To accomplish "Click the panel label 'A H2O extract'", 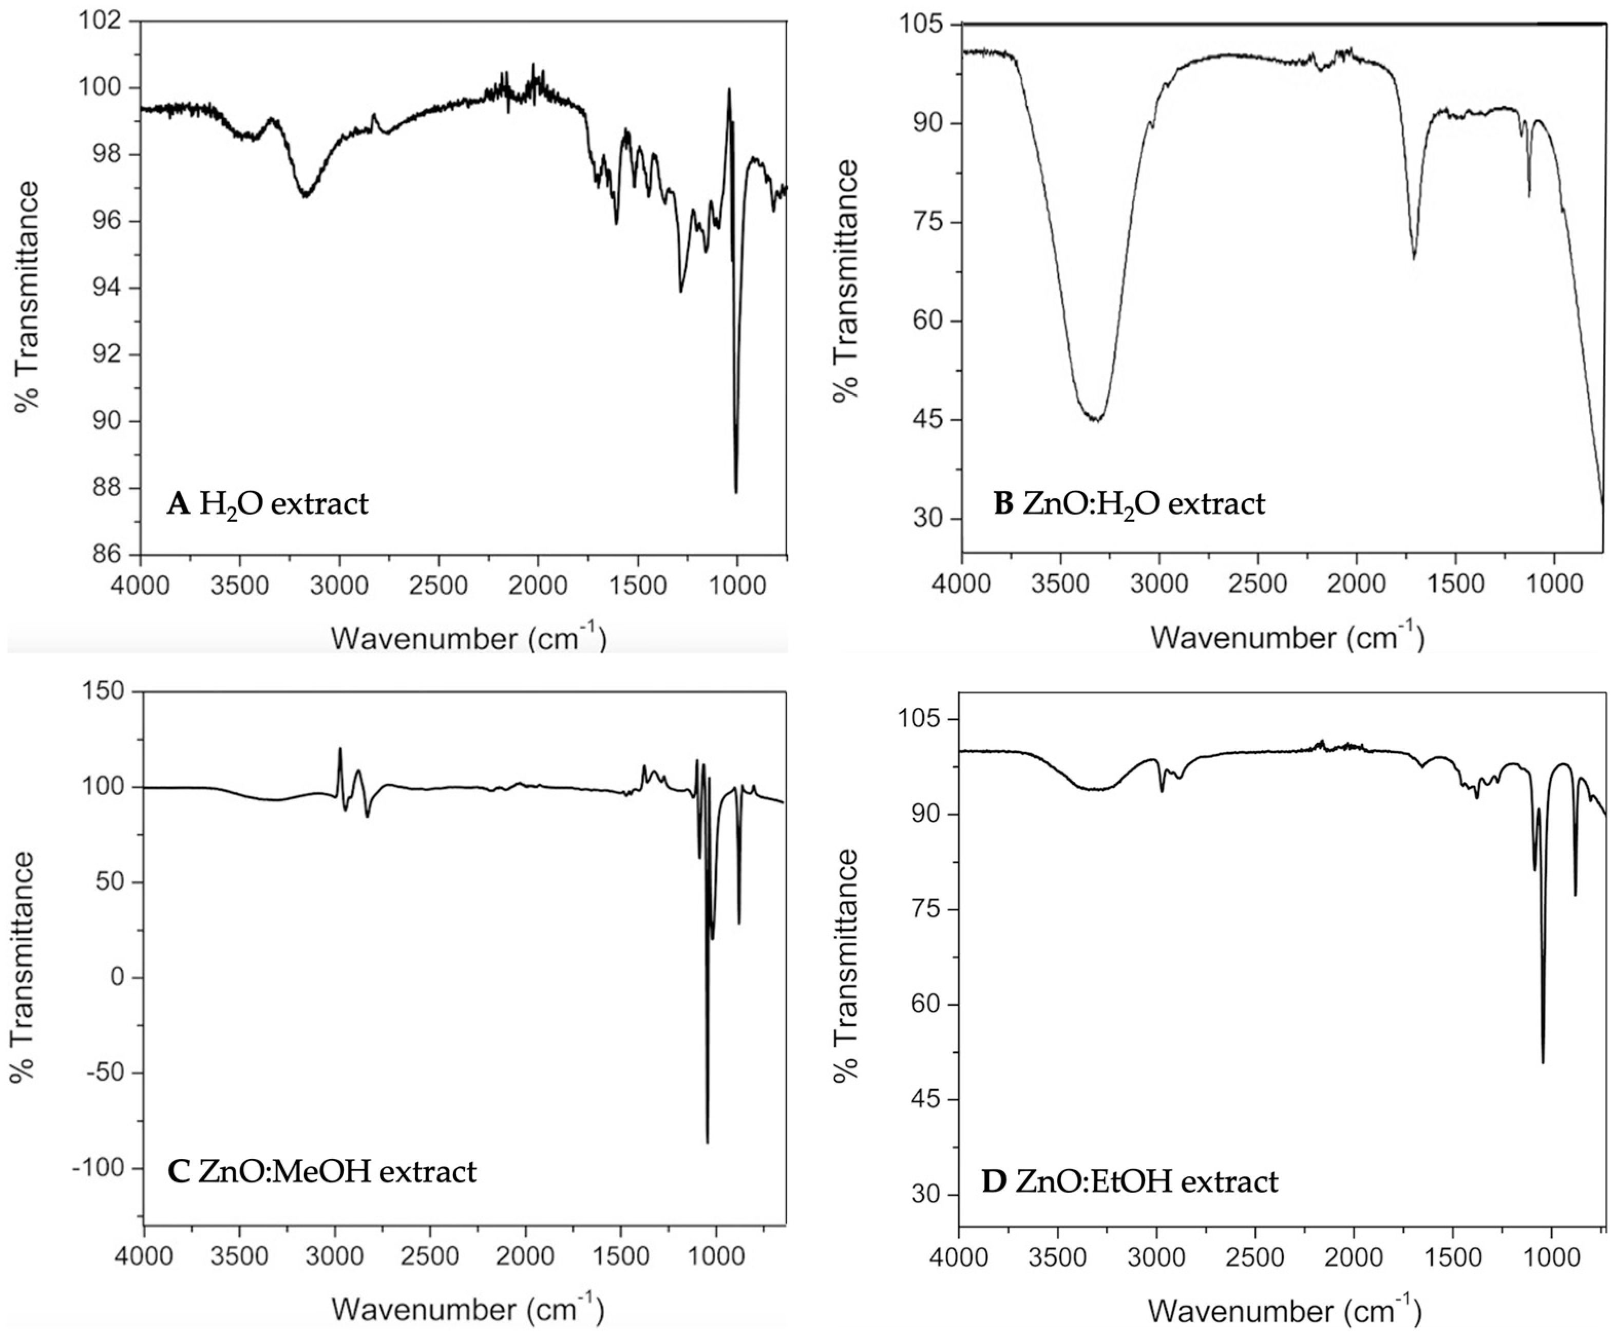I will pos(267,504).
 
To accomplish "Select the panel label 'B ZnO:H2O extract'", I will pos(1129,504).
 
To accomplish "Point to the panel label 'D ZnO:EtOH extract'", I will pos(1130,1181).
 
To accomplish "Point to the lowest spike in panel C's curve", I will pos(707,1142).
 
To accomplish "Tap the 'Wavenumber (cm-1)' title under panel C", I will pos(467,1309).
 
